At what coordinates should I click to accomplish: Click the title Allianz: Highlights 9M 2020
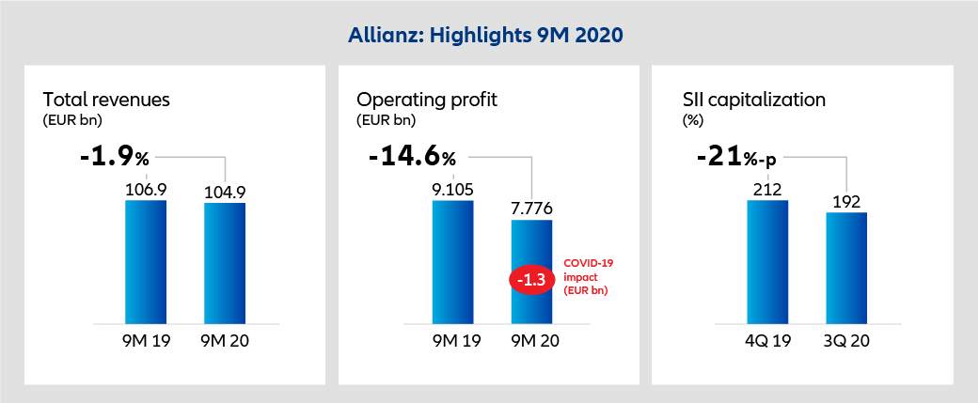click(x=489, y=36)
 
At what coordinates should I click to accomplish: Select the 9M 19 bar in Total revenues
click(x=146, y=263)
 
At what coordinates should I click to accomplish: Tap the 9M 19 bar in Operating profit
click(x=452, y=263)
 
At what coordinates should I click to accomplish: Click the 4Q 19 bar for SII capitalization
click(x=767, y=263)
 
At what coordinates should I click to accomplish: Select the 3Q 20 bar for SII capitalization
click(x=846, y=269)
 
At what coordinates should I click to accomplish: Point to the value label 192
click(x=846, y=202)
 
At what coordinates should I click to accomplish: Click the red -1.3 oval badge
click(x=531, y=280)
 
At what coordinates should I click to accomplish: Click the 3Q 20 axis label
click(x=846, y=343)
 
